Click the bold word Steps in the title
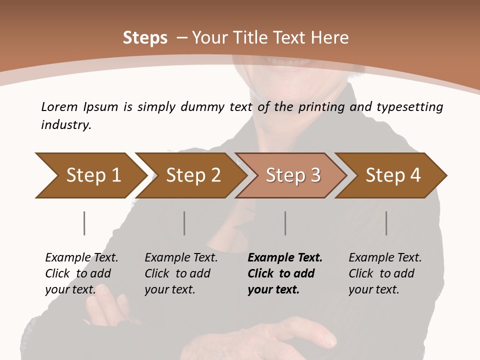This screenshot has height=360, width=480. (x=145, y=38)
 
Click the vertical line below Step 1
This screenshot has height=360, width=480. (x=84, y=223)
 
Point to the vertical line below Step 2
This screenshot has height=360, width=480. (x=184, y=223)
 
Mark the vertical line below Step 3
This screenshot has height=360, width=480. (x=285, y=223)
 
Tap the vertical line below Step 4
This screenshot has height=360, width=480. (x=386, y=223)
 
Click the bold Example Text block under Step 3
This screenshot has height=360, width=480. (x=285, y=273)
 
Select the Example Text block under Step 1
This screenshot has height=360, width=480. (x=81, y=273)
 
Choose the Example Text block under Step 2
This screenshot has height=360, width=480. (x=181, y=273)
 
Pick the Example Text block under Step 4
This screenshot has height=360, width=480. (x=385, y=273)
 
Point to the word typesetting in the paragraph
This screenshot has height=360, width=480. (x=409, y=107)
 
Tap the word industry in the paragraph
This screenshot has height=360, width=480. (x=66, y=125)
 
